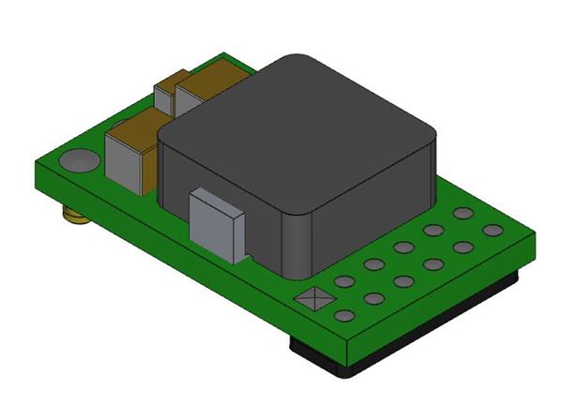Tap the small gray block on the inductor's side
[217, 223]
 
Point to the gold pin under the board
[73, 218]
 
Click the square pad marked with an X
[310, 301]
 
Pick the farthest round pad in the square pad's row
[462, 214]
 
